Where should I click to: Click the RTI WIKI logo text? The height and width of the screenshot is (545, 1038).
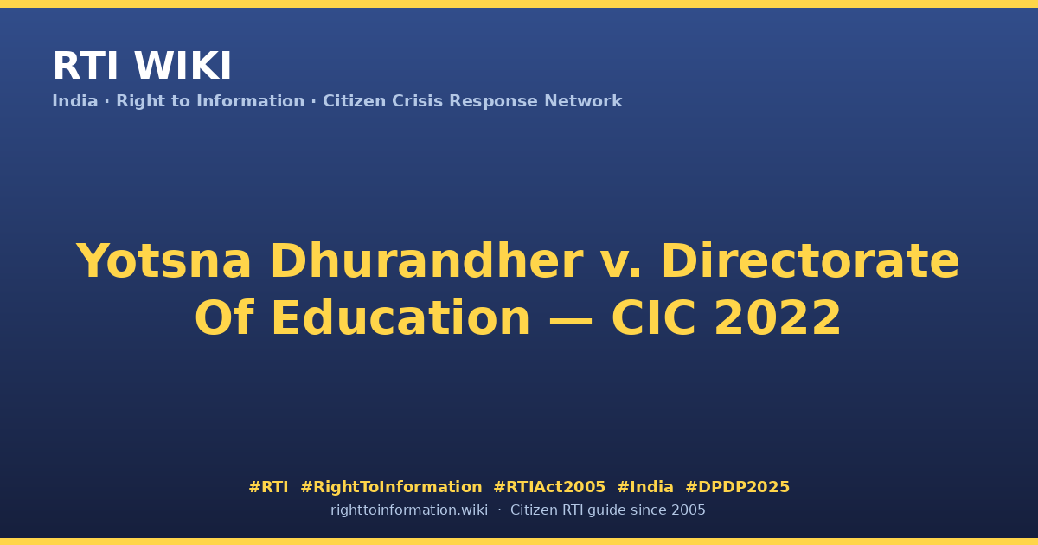(142, 66)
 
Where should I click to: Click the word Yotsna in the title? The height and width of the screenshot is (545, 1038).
(163, 261)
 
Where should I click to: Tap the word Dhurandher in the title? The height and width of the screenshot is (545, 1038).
(426, 260)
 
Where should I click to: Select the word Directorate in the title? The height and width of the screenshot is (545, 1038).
(811, 260)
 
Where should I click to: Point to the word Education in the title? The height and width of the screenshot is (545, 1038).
(400, 317)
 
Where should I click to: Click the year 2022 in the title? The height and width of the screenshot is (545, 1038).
(778, 318)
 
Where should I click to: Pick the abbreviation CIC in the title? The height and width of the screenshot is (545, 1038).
(653, 318)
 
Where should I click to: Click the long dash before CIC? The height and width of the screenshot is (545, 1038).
(570, 320)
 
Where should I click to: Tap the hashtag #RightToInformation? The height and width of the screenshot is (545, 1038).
(391, 487)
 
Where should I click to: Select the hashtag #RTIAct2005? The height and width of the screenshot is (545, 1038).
(549, 487)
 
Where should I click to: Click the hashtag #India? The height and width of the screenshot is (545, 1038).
(645, 487)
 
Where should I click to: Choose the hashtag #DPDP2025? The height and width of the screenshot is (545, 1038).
(737, 487)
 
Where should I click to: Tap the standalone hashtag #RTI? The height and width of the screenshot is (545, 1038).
(268, 487)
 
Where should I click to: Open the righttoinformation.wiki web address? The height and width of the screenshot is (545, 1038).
(409, 510)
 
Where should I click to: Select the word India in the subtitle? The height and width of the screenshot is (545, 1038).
(75, 101)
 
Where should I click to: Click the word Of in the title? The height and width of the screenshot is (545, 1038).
(224, 317)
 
